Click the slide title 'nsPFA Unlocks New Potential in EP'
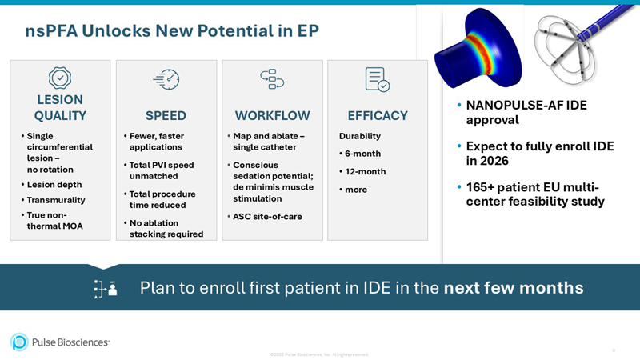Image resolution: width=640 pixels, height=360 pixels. (172, 30)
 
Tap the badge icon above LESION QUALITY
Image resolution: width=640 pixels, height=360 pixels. (60, 78)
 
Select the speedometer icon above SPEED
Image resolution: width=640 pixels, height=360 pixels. (166, 78)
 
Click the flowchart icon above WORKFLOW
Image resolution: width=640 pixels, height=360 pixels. (272, 78)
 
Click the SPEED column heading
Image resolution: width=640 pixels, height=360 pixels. (166, 115)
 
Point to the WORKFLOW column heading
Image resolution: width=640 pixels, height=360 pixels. (272, 115)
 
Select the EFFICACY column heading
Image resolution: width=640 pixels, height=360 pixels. (378, 115)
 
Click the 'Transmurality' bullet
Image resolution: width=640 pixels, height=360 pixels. (55, 200)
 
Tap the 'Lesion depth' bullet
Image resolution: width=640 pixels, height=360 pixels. (54, 185)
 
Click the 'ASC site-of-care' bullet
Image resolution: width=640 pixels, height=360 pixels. (267, 217)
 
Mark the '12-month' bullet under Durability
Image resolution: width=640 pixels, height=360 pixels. (365, 171)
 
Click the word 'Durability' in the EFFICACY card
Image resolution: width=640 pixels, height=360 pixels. (360, 136)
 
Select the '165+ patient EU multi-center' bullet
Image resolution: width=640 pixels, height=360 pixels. (534, 194)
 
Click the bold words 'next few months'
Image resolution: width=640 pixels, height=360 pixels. (514, 287)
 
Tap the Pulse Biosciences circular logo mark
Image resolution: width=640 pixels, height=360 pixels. (19, 342)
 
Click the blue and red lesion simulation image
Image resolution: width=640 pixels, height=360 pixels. (478, 48)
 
